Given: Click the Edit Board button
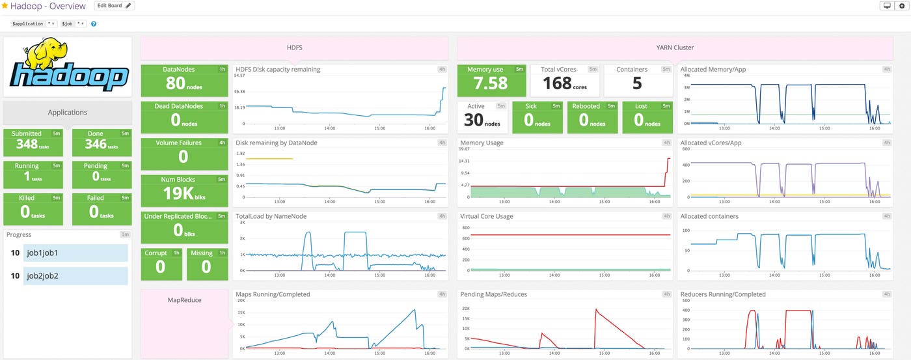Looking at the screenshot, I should coord(114,6).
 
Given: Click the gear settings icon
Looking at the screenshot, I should coord(901,6).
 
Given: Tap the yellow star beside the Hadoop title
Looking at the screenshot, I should coord(5,6).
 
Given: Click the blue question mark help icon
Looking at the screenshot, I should coord(94,24).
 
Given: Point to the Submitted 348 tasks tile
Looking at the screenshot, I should coord(33,143).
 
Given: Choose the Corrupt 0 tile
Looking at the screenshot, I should coord(161,262).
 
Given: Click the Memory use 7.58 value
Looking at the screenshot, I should coord(491,83).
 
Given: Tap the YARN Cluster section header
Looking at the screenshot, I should coord(675,48).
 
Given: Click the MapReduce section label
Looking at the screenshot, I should coord(184,300).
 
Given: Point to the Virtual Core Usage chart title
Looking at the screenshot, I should coord(486,216).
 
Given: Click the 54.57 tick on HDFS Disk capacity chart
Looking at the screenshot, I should coord(239,76).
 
